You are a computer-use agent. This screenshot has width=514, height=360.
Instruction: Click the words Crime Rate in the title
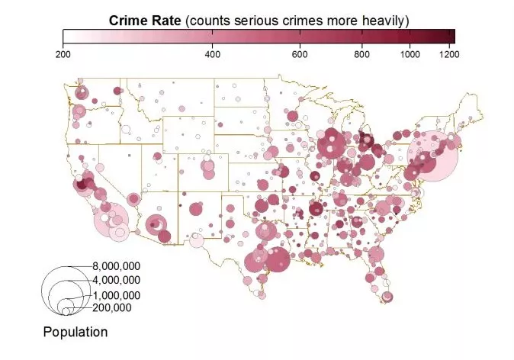tap(145, 21)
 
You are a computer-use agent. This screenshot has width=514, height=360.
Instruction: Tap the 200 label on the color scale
tap(63, 54)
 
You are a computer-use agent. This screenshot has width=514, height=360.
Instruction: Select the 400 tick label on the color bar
tap(213, 54)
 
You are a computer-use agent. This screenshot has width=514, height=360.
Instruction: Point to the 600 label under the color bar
tap(300, 54)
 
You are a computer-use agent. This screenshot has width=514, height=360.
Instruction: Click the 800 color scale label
tap(362, 54)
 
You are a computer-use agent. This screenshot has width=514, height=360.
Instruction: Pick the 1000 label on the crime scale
tap(410, 54)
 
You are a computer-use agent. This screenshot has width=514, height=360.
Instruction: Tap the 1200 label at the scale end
tap(449, 54)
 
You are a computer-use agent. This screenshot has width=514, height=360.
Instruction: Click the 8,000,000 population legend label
tap(117, 266)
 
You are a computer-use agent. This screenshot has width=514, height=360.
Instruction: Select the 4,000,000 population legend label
tap(117, 280)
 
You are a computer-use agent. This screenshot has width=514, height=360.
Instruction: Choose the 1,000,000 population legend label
tap(117, 295)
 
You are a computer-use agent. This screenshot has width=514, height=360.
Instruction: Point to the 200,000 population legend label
tap(112, 307)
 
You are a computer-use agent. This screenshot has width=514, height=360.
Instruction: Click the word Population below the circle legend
tap(75, 332)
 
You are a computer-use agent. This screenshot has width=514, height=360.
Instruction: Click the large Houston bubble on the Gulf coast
tap(278, 259)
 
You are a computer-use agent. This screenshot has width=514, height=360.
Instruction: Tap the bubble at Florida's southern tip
tap(387, 297)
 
